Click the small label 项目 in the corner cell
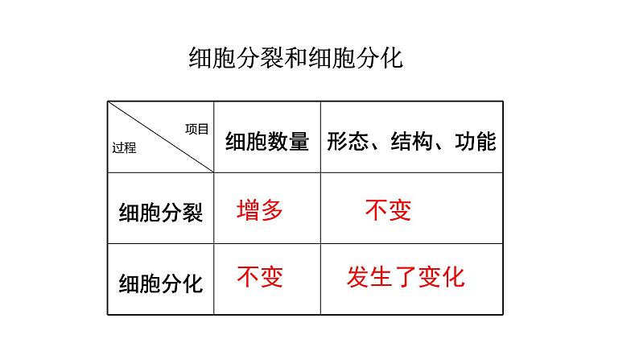[196, 127]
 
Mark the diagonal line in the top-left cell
[161, 137]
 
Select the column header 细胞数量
[267, 142]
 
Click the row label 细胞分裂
[160, 213]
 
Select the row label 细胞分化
[160, 283]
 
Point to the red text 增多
[260, 211]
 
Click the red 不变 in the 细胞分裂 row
[388, 211]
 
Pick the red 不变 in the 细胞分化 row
[260, 278]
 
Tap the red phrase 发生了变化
[406, 278]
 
